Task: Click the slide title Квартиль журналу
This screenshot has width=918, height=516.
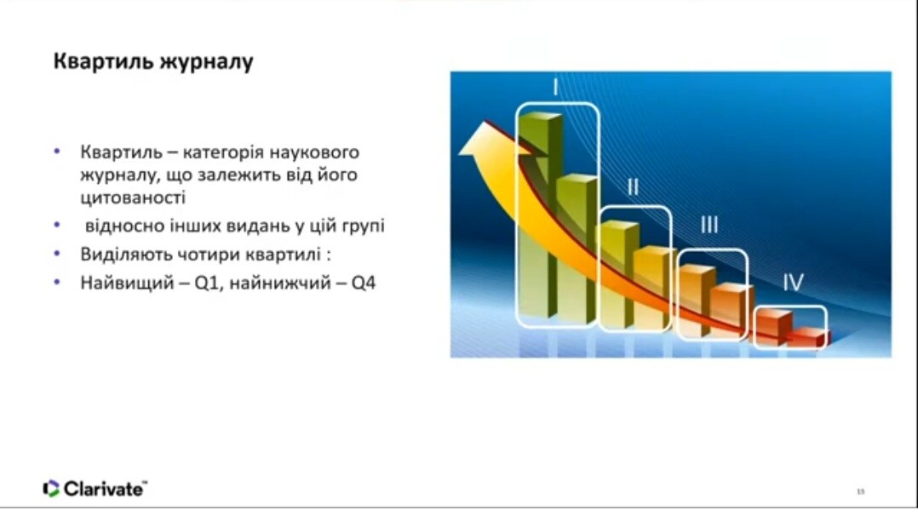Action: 153,62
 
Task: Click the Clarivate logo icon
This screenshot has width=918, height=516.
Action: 51,489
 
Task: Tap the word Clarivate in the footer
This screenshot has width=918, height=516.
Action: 104,489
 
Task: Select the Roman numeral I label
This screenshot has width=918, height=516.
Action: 555,88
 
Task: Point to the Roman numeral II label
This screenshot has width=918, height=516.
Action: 633,187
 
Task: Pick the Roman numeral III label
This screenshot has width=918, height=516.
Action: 709,225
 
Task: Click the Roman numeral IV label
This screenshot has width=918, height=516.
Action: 794,283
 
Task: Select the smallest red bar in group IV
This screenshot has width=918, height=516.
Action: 808,337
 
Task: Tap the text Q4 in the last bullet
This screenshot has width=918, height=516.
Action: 363,284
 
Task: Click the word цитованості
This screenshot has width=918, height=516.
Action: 133,198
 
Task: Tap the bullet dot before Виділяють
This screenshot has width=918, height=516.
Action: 57,254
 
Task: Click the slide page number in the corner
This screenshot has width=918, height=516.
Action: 860,491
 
